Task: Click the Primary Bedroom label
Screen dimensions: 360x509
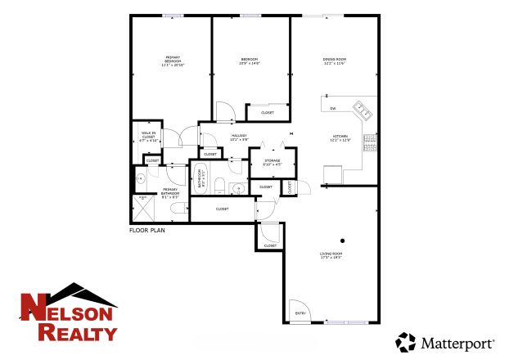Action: pyautogui.click(x=173, y=60)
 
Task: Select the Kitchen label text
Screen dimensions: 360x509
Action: pyautogui.click(x=340, y=137)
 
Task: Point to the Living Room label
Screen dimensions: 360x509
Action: pyautogui.click(x=331, y=256)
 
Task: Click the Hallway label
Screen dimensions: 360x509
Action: pyautogui.click(x=238, y=137)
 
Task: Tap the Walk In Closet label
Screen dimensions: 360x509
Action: pyautogui.click(x=148, y=137)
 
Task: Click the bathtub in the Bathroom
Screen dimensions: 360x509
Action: pyautogui.click(x=200, y=178)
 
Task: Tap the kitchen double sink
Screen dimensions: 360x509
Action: pyautogui.click(x=363, y=110)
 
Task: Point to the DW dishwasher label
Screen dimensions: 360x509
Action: pyautogui.click(x=333, y=108)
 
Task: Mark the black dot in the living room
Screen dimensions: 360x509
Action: pyautogui.click(x=343, y=241)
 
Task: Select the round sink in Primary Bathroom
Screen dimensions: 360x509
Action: pyautogui.click(x=141, y=177)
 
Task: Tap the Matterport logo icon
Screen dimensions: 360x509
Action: pyautogui.click(x=406, y=341)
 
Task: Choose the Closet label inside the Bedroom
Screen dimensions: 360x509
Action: pyautogui.click(x=267, y=113)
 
